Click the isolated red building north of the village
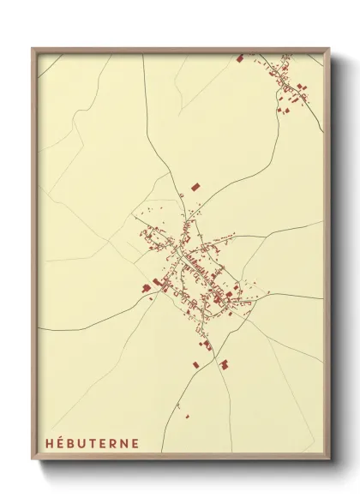[195, 185]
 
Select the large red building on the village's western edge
[147, 287]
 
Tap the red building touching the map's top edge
[239, 58]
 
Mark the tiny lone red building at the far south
[186, 417]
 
